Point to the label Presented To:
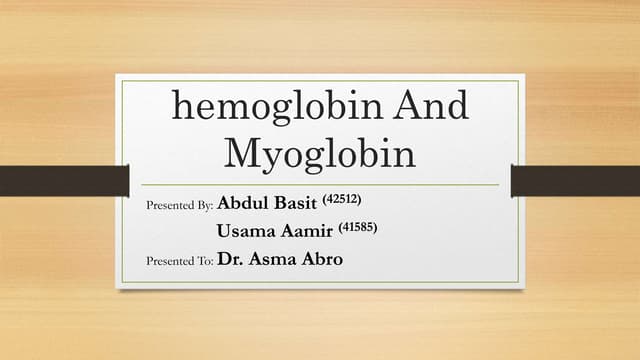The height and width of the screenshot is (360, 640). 179,260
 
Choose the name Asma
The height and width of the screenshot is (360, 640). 278,260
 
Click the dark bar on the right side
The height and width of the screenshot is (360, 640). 575,180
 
